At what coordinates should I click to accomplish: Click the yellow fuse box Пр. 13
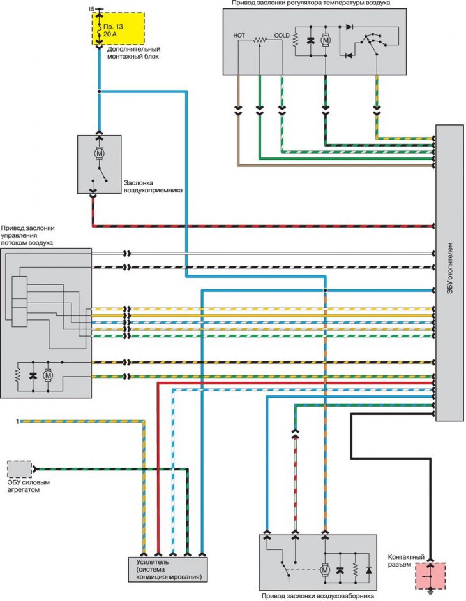[118, 29]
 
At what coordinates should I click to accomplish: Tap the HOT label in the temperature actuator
[239, 35]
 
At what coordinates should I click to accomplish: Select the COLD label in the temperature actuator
[282, 35]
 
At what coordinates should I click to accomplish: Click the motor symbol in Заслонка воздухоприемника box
[100, 154]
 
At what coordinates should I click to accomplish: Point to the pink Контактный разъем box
[430, 576]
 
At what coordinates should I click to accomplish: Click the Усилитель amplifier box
[167, 569]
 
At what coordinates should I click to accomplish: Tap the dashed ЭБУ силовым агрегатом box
[19, 469]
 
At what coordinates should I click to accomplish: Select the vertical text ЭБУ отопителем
[450, 268]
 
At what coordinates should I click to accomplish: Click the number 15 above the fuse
[91, 9]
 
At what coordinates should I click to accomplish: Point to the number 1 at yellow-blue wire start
[17, 421]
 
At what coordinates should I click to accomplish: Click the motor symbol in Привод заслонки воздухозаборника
[325, 570]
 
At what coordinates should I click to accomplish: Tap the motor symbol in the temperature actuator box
[326, 40]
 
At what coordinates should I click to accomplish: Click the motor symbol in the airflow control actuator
[48, 375]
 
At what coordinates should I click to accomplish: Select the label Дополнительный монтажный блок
[133, 53]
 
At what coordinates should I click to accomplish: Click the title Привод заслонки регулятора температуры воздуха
[311, 3]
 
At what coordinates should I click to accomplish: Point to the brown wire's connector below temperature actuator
[238, 110]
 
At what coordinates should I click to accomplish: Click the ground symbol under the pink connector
[430, 591]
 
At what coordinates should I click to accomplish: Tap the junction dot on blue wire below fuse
[100, 91]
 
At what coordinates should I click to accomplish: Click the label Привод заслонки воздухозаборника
[318, 597]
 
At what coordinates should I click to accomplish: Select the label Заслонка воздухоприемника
[153, 187]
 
